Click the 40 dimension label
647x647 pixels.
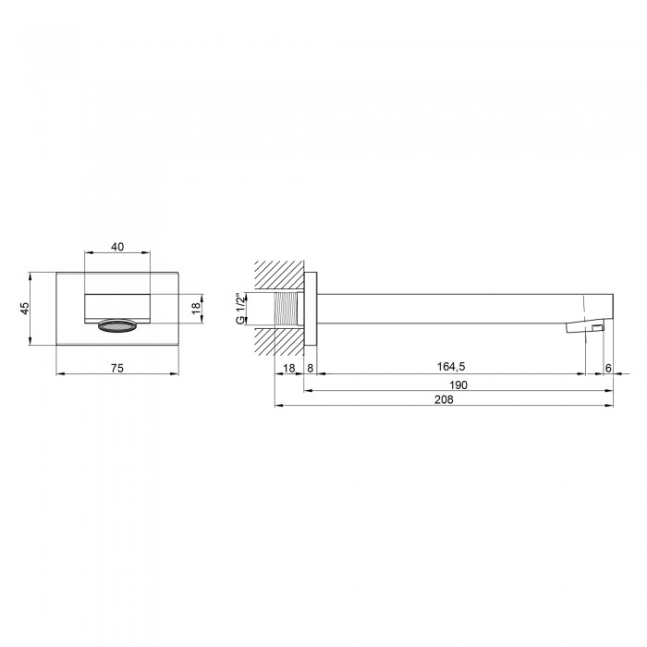click(117, 247)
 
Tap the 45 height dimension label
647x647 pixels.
click(25, 308)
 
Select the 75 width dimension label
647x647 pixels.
click(117, 368)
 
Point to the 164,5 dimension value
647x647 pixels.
click(451, 366)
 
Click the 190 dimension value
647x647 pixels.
click(458, 385)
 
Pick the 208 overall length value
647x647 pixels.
click(444, 399)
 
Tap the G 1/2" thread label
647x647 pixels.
click(240, 309)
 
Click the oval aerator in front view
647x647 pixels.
click(117, 326)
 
